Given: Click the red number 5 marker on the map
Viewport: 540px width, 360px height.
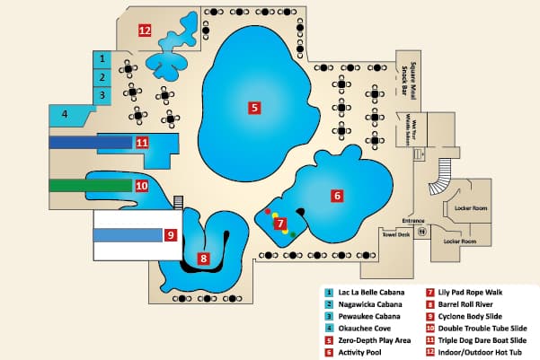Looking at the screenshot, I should (x=254, y=108).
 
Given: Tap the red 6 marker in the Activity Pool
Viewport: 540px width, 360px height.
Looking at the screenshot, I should (x=338, y=195).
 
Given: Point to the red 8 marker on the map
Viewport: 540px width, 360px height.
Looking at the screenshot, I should (x=204, y=259).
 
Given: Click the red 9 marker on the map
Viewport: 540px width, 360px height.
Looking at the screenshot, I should (x=170, y=235).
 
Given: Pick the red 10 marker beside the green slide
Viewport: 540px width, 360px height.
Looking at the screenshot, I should (x=141, y=186).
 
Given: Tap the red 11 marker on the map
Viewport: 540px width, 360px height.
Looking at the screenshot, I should (x=141, y=142).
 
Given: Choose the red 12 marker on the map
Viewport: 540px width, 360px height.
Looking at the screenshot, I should (x=144, y=30).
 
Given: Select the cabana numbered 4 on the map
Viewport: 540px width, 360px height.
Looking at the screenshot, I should (x=64, y=114).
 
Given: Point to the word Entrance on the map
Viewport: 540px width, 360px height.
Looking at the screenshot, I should (x=412, y=220).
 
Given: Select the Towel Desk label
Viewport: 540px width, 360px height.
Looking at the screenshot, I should (x=396, y=235).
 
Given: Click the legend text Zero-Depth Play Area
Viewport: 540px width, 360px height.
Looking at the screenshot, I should (x=376, y=328).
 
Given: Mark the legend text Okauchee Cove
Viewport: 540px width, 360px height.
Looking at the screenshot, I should (x=365, y=316).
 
